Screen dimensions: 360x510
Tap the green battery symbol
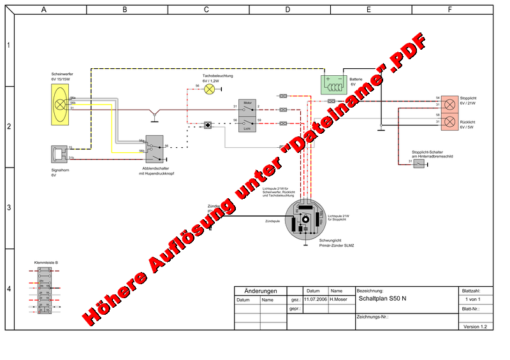(333, 83)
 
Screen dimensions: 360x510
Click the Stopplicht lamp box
(449, 101)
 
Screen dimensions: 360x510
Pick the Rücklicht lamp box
(449, 121)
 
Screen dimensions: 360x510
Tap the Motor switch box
(248, 106)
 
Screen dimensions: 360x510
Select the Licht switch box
(248, 124)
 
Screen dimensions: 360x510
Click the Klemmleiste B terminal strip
(45, 291)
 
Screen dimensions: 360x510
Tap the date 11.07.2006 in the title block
(315, 299)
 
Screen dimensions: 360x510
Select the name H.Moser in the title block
(339, 299)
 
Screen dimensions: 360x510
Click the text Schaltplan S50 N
(382, 298)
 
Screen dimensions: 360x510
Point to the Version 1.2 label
(475, 326)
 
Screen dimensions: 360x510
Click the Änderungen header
(261, 291)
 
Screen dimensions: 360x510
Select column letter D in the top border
(288, 10)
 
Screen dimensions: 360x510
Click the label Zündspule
(273, 221)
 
